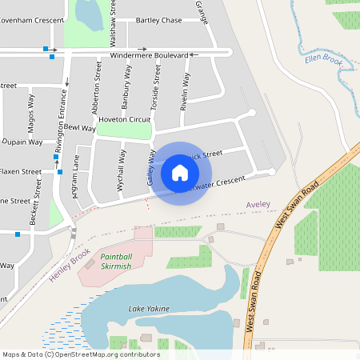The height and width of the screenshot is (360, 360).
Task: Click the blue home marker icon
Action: coord(180,172)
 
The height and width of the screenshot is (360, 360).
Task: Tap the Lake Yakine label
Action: coord(149,308)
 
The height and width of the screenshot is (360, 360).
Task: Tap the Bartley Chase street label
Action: coord(159,20)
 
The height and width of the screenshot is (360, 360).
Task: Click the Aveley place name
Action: coord(258,205)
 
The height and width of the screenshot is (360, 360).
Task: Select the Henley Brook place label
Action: coord(70,267)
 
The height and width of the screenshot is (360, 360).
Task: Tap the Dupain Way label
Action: coord(22,142)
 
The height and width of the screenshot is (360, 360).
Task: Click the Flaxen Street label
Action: coord(20,171)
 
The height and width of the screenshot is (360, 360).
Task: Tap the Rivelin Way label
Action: coord(185,90)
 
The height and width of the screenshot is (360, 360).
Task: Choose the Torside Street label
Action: coord(156,88)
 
